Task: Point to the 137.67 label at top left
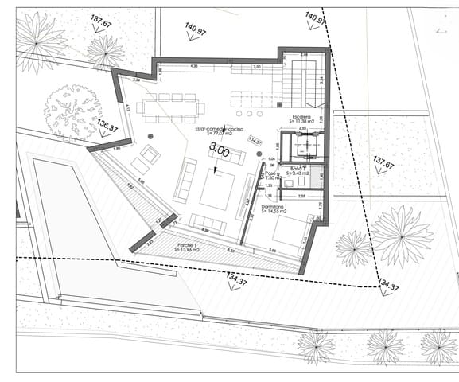coord(101,21)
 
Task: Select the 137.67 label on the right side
coord(383,164)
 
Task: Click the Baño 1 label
coord(298,172)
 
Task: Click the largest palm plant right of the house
coord(401,236)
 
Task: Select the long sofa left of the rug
coord(185,180)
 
